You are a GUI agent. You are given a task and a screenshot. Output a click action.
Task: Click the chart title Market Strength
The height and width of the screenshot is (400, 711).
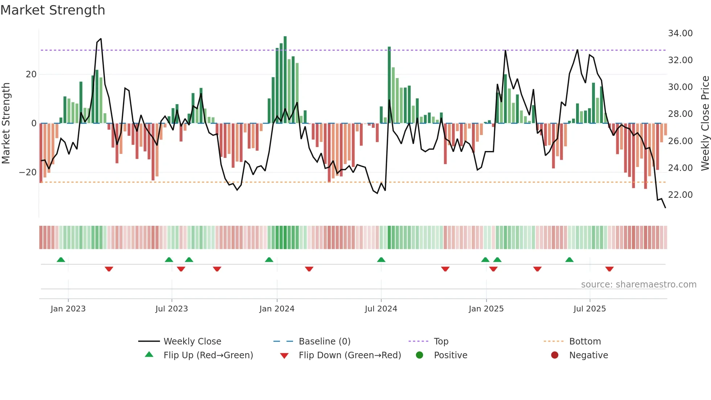(53, 10)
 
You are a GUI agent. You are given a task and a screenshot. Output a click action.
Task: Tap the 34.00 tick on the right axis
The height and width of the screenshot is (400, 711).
(680, 33)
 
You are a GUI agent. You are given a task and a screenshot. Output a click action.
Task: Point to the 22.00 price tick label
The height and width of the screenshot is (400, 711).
(680, 195)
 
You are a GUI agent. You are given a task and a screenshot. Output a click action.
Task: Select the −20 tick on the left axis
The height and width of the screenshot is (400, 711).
(28, 172)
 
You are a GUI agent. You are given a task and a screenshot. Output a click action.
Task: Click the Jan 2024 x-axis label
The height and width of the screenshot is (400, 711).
(277, 309)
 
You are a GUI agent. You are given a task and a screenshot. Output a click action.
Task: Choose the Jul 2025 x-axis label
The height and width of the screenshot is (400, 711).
(589, 309)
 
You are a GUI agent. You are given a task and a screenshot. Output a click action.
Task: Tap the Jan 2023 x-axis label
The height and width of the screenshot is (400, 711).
(68, 309)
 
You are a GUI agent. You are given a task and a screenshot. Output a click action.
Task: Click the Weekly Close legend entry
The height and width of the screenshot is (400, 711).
(192, 342)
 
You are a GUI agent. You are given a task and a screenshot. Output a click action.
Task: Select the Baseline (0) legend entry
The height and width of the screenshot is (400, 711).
(324, 342)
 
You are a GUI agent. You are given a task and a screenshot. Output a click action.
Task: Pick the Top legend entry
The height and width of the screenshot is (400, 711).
(441, 342)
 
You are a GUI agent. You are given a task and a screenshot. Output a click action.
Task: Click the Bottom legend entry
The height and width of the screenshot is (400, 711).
(585, 342)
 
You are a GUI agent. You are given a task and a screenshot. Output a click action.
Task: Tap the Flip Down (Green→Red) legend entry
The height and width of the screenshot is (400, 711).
(350, 355)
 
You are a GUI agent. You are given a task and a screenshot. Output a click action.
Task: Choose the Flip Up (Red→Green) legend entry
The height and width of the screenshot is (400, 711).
(208, 355)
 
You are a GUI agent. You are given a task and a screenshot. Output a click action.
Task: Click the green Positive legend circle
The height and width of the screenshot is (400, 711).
(419, 355)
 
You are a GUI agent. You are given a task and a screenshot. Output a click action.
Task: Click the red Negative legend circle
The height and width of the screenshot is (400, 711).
(555, 355)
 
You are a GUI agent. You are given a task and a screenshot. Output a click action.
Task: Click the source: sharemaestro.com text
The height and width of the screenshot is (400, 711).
(638, 285)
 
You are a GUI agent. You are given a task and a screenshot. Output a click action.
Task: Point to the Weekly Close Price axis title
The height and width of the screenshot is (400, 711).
(705, 123)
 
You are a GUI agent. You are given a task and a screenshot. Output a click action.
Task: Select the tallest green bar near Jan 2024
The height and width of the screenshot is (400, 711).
(285, 80)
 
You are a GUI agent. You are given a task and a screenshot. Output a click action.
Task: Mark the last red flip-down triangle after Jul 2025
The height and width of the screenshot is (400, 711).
(609, 269)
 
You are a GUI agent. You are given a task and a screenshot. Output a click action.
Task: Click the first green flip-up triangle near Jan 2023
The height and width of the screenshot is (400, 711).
(61, 260)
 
